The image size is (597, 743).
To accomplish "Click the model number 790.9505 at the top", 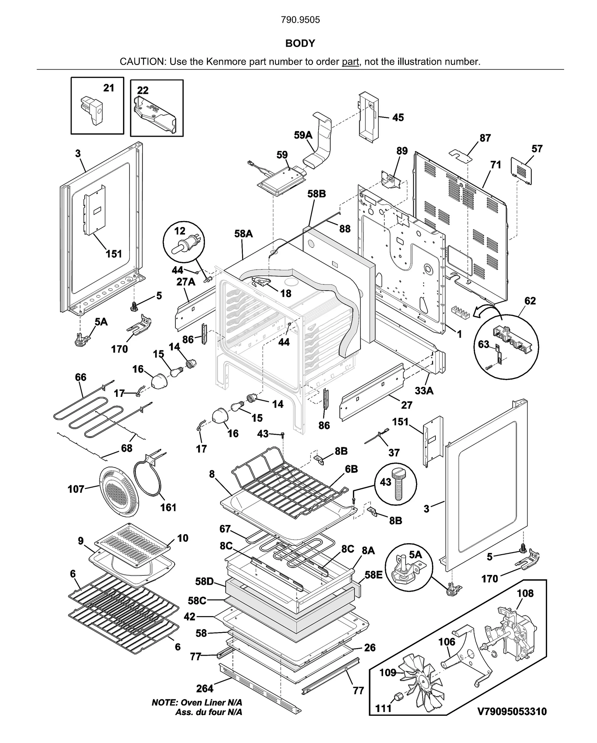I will tap(300, 20).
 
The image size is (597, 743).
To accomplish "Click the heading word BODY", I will tap(300, 44).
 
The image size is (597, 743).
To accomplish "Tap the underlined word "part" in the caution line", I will tap(350, 62).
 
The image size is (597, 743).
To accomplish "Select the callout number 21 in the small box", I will tap(109, 88).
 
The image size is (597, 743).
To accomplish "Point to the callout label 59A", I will tap(303, 135).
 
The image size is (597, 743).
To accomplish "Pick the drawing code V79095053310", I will tap(512, 712).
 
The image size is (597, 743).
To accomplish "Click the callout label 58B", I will tap(316, 194).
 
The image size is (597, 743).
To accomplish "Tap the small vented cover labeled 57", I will tap(521, 170).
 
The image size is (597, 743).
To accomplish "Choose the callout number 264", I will tap(204, 688).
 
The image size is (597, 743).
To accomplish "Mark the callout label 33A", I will tap(424, 391).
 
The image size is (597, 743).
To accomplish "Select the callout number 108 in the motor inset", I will tap(525, 593).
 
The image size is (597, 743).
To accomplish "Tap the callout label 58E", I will tap(373, 575).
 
